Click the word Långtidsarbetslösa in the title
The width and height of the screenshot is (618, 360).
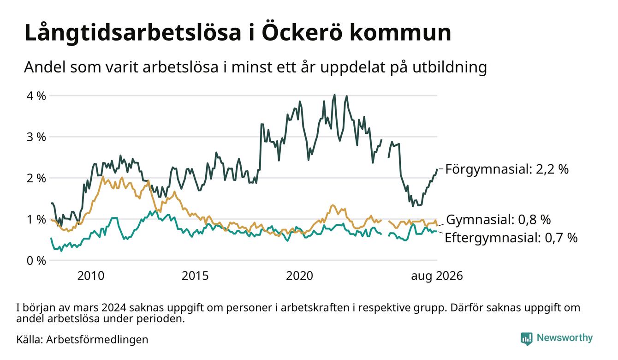click(133, 33)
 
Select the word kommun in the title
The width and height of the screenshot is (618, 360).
click(400, 33)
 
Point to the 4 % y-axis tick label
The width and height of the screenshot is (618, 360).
click(36, 96)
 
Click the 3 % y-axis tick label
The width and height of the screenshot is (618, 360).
click(36, 137)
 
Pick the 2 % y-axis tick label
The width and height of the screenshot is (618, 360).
click(36, 178)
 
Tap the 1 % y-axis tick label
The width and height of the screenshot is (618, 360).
click(36, 220)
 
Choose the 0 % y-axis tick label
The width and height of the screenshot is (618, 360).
click(36, 261)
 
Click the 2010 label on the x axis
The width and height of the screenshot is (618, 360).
click(91, 276)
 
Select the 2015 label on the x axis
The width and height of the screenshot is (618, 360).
click(195, 276)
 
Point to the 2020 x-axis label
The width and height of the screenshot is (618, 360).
click(299, 276)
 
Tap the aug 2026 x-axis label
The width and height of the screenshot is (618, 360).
click(437, 276)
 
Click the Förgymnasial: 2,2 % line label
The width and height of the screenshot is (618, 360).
click(507, 169)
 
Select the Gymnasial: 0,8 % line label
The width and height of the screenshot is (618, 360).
click(498, 220)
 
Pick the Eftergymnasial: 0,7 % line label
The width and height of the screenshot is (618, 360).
click(511, 238)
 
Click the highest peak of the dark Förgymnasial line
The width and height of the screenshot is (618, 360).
click(335, 95)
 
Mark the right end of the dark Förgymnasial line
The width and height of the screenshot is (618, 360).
click(437, 169)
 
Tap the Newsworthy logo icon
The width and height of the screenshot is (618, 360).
click(527, 339)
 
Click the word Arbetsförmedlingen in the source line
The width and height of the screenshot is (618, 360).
click(97, 340)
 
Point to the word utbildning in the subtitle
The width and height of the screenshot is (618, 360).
click(450, 67)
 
